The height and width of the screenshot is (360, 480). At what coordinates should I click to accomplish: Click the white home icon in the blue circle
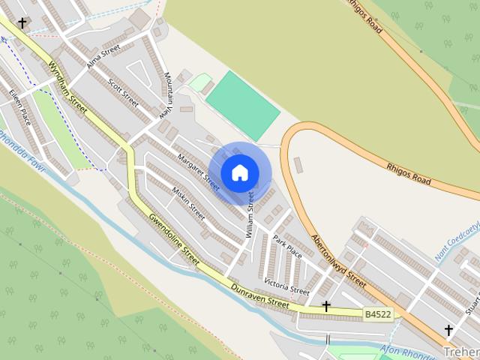pos(239,173)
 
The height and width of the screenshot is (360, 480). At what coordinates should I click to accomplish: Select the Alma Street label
pos(103,56)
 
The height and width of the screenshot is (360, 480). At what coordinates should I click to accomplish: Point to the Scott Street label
pos(124,92)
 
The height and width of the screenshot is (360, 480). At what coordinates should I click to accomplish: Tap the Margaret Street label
pos(199,172)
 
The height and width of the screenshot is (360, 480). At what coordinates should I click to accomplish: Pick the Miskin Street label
pos(189,202)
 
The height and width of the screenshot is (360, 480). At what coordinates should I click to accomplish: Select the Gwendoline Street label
pos(173,238)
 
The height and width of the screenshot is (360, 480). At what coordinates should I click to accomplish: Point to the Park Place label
pos(287,246)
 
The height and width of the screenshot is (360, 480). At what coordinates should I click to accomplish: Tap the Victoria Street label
pos(286,286)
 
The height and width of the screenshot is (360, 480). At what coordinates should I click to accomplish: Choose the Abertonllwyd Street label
pos(340,259)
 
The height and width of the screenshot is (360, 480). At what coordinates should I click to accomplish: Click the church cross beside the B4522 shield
pos(326,306)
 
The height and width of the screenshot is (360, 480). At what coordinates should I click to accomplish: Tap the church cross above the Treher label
pos(448,330)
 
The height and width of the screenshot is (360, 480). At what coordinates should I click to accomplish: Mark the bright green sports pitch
pos(243,106)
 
